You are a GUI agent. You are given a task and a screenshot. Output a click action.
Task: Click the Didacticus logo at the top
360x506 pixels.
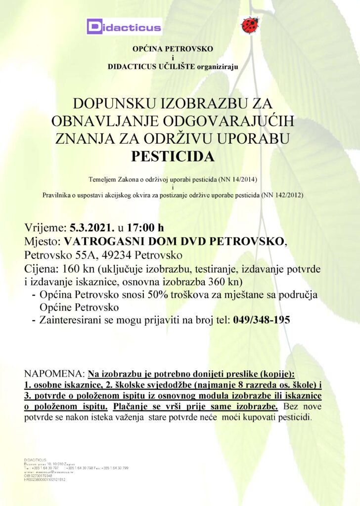(124, 26)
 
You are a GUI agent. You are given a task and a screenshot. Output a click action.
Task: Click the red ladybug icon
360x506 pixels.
(250, 25)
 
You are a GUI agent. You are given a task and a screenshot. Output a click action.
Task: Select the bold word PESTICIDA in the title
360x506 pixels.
(173, 157)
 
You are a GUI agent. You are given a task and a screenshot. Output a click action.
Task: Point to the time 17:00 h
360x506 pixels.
(145, 228)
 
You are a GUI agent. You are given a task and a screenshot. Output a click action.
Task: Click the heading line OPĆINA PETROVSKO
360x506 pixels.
(173, 49)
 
